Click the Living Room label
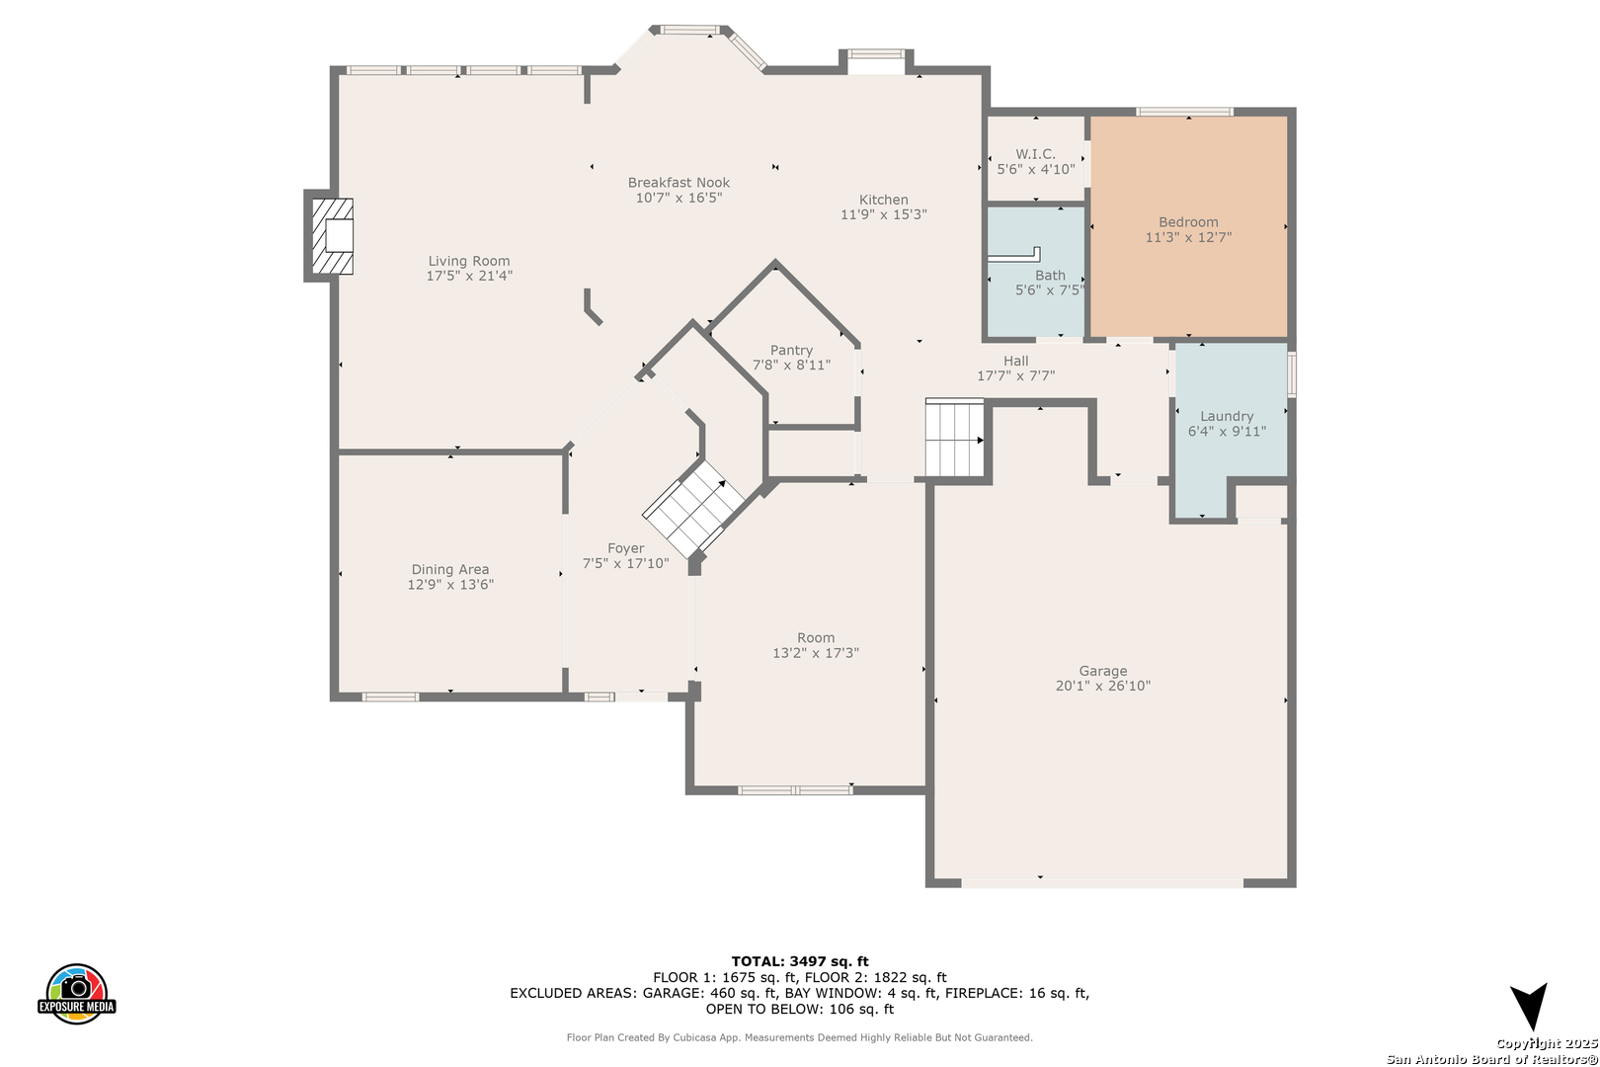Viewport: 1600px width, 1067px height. click(468, 261)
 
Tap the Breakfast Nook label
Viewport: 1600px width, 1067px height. click(679, 182)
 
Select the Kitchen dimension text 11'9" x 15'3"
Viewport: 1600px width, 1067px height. click(884, 214)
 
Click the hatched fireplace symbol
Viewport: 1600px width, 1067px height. click(332, 236)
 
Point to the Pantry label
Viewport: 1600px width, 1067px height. click(791, 350)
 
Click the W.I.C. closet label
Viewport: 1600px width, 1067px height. click(1036, 154)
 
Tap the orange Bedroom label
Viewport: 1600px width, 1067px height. click(1188, 221)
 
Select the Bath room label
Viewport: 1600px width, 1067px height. click(1050, 275)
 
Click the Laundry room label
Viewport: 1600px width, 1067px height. click(1227, 416)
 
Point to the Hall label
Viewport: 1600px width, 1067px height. click(1015, 361)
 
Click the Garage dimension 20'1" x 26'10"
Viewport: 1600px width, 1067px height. click(1103, 686)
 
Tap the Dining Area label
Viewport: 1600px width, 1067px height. click(450, 570)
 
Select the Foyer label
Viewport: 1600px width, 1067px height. click(626, 548)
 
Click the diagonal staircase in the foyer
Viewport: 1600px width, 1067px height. click(693, 509)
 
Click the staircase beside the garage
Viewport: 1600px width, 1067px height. click(954, 438)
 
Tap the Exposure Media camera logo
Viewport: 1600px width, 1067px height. click(76, 993)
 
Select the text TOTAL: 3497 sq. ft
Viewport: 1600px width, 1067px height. click(800, 961)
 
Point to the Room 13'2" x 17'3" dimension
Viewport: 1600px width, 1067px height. click(816, 653)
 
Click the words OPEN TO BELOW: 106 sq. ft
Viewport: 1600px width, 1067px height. click(800, 1009)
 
